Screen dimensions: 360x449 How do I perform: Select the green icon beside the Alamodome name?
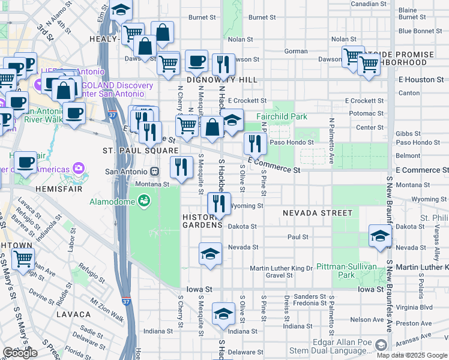[143, 200]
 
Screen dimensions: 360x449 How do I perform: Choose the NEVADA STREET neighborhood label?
[318, 213]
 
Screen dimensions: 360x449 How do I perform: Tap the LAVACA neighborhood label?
[73, 314]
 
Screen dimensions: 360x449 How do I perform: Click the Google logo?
[19, 353]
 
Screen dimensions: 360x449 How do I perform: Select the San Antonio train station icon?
[155, 170]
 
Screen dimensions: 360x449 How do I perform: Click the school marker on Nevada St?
[210, 254]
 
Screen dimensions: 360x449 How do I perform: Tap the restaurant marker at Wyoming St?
[219, 203]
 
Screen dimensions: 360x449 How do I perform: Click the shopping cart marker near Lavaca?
[23, 259]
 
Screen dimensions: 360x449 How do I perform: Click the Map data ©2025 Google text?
[412, 355]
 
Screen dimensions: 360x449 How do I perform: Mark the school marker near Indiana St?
[223, 314]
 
